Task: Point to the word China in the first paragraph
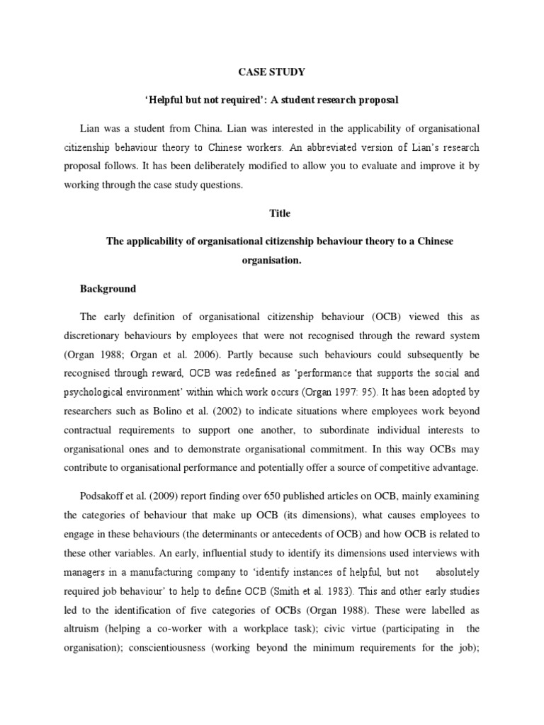pos(216,128)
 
